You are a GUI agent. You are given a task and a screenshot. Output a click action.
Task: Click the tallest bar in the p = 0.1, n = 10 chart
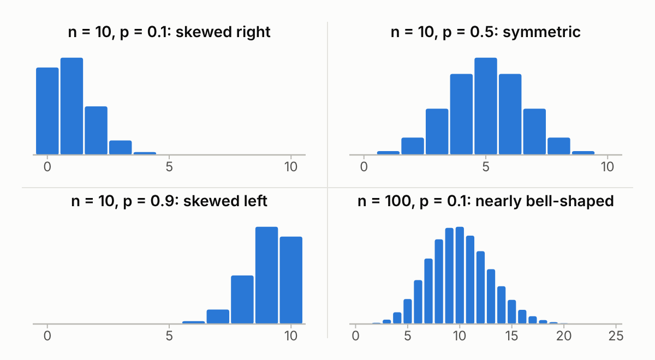pyautogui.click(x=72, y=106)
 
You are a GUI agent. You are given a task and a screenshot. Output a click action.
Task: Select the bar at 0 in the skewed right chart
pyautogui.click(x=47, y=111)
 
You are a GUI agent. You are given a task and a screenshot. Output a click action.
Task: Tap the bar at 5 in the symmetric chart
pyautogui.click(x=486, y=106)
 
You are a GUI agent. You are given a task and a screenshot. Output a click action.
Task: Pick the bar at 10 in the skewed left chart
pyautogui.click(x=291, y=280)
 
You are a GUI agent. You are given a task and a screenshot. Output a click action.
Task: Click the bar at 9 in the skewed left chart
pyautogui.click(x=267, y=275)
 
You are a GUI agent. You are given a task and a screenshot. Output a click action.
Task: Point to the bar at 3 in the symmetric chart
pyautogui.click(x=437, y=131)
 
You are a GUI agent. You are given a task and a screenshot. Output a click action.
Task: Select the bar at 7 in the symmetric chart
pyautogui.click(x=534, y=131)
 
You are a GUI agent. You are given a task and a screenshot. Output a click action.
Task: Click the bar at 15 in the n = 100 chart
pyautogui.click(x=512, y=312)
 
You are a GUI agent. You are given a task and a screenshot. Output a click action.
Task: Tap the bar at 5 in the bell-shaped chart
pyautogui.click(x=408, y=311)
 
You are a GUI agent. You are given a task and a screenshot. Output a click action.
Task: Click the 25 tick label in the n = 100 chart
pyautogui.click(x=616, y=336)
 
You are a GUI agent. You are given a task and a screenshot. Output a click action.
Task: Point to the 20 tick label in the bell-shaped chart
pyautogui.click(x=564, y=336)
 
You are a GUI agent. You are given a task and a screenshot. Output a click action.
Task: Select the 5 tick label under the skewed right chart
pyautogui.click(x=169, y=167)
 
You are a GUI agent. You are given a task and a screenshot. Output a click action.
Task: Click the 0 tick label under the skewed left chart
pyautogui.click(x=47, y=336)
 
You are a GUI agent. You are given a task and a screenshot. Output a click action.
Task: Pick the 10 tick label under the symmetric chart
pyautogui.click(x=608, y=167)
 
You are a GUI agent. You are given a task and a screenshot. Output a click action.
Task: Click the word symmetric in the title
pyautogui.click(x=541, y=32)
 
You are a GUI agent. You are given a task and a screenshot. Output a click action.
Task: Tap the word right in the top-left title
pyautogui.click(x=253, y=32)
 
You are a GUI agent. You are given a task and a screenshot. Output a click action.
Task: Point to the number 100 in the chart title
pyautogui.click(x=398, y=201)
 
